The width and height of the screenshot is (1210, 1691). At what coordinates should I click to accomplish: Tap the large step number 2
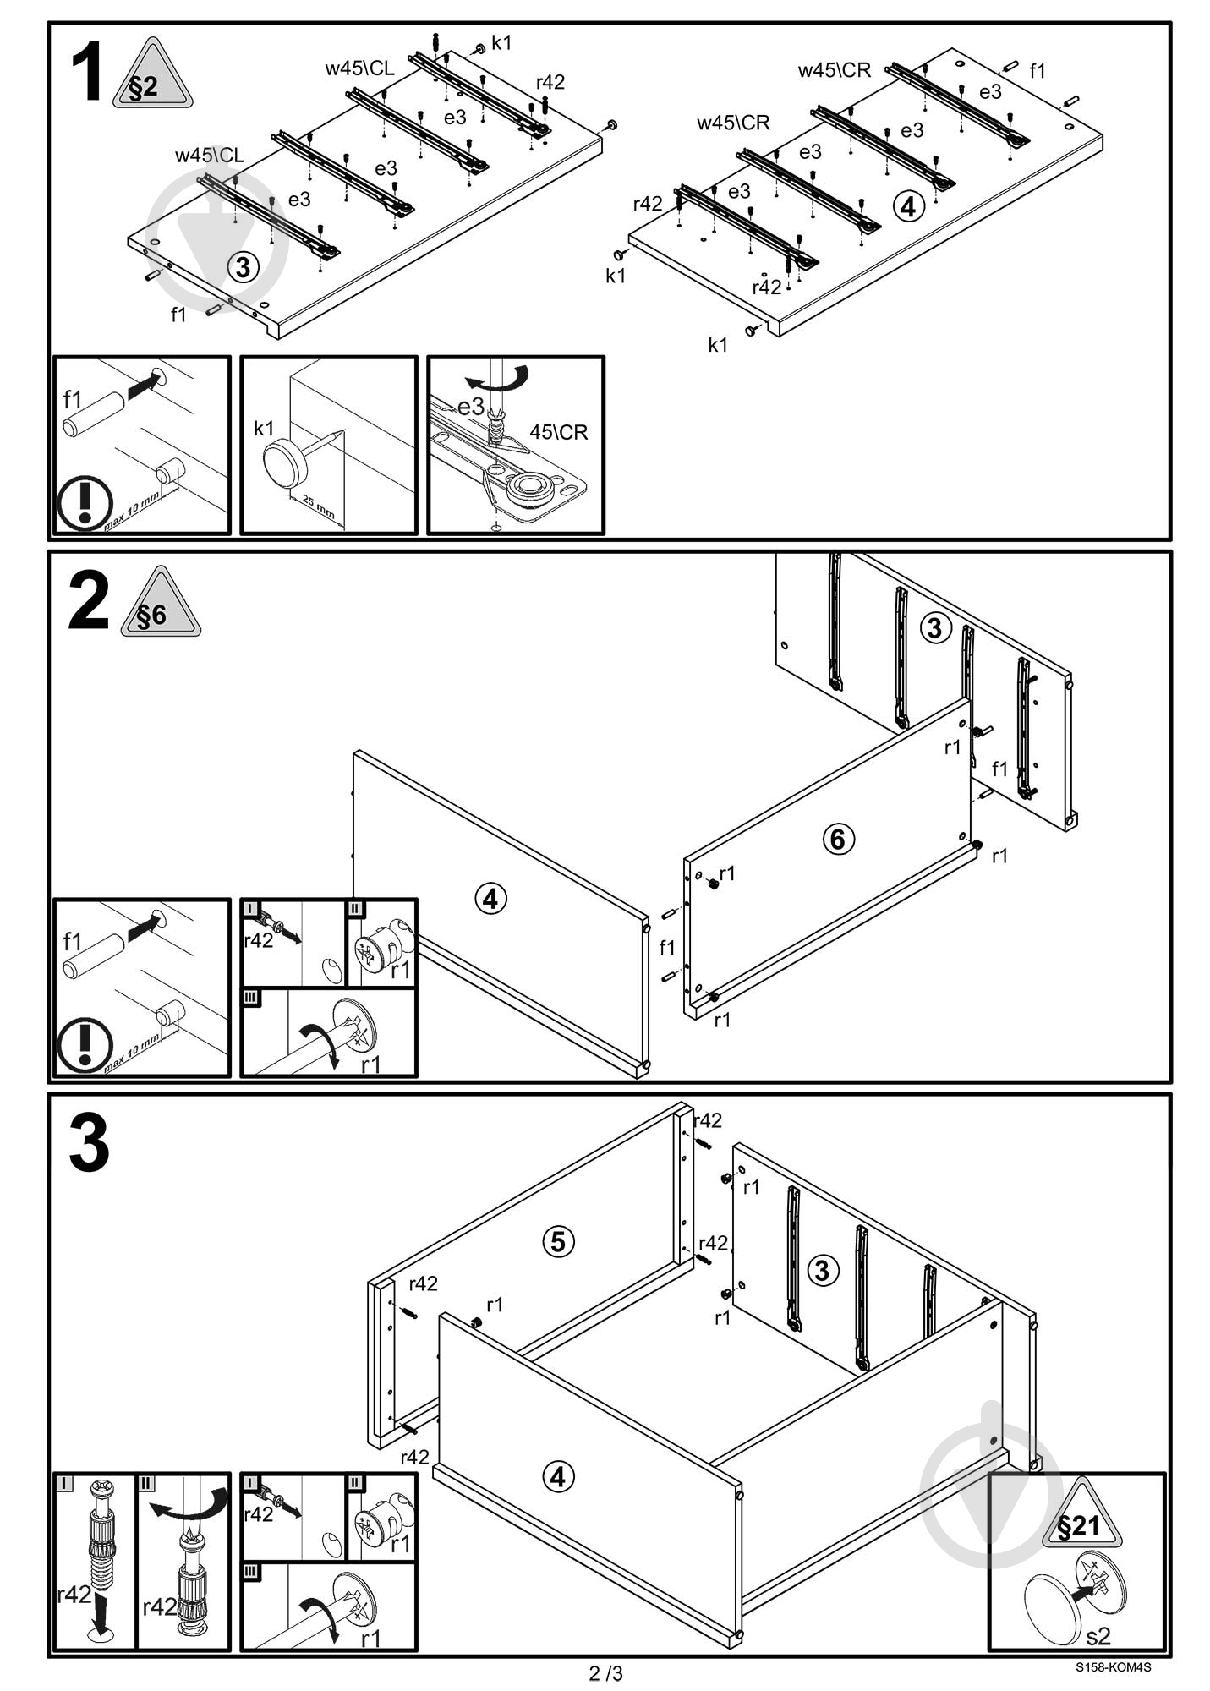tap(88, 601)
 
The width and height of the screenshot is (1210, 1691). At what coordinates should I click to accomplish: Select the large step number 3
tap(89, 1143)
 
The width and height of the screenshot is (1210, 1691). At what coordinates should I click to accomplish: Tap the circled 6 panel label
tap(838, 839)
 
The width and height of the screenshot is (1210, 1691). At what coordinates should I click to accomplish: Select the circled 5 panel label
tap(557, 1241)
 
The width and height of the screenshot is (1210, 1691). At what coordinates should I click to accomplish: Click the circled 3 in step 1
tap(244, 268)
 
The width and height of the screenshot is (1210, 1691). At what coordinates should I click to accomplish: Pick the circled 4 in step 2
tap(491, 898)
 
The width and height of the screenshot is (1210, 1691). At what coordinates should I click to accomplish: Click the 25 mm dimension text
tap(318, 508)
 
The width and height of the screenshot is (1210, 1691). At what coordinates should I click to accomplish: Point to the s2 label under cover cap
tap(1098, 1636)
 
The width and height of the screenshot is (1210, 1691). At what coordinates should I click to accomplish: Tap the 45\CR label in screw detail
tap(558, 432)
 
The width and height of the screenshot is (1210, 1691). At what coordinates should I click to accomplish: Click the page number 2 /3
tap(605, 1673)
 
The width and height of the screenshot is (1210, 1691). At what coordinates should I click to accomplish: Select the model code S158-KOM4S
tap(1113, 1668)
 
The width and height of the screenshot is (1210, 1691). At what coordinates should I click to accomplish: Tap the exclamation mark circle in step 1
tap(85, 503)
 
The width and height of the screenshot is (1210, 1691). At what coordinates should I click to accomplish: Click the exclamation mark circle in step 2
tap(85, 1046)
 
